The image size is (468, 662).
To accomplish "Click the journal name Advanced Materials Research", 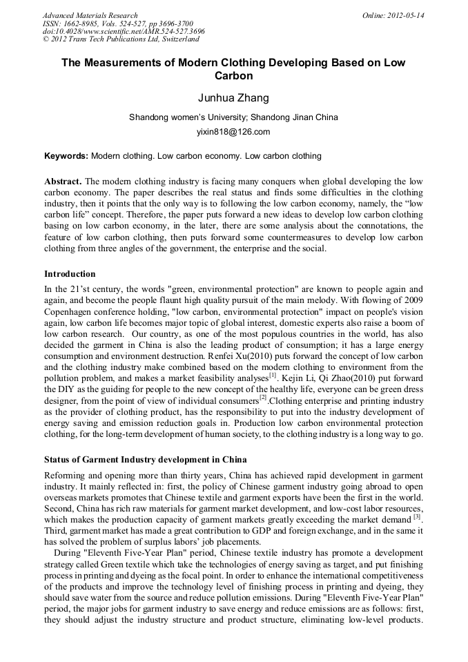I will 90,15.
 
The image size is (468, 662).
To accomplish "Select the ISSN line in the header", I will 117,23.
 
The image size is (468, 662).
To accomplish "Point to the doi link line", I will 123,32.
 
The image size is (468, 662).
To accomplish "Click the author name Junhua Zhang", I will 233,98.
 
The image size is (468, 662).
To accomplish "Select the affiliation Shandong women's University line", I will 233,117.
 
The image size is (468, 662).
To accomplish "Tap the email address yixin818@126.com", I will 233,132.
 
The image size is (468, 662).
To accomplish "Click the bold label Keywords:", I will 66,156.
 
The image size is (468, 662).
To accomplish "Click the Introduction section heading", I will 70,274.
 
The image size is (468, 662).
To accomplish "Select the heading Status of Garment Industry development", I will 145,459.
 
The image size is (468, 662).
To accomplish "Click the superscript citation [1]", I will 273,375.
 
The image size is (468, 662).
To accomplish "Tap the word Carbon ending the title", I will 233,76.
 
